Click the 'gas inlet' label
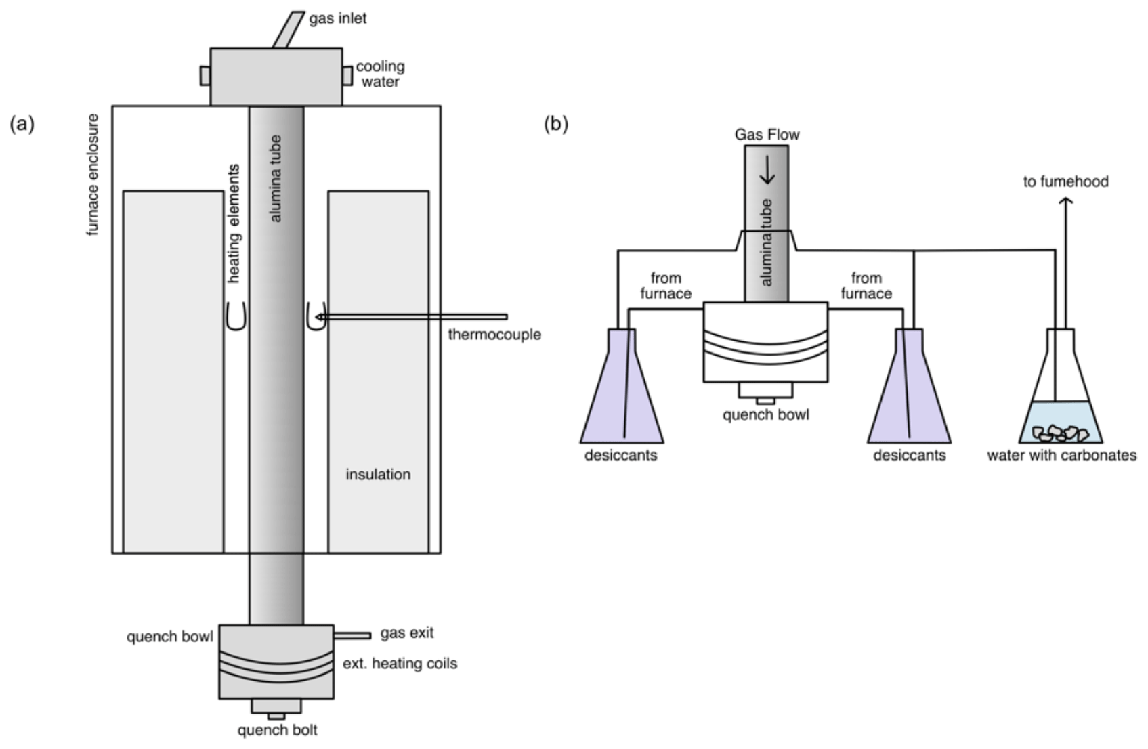(338, 18)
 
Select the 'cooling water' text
(380, 74)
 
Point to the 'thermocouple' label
(494, 335)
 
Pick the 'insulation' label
(378, 475)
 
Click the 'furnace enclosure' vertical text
(93, 175)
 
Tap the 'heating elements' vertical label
(234, 223)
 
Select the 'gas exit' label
(406, 633)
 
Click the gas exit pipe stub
(352, 635)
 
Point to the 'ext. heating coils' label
(400, 664)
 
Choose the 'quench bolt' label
(277, 730)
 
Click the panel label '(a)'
(22, 124)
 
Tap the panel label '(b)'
(556, 124)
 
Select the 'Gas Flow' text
(767, 135)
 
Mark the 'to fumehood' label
(1065, 181)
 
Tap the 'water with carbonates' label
(1061, 455)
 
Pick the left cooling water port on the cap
(205, 75)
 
